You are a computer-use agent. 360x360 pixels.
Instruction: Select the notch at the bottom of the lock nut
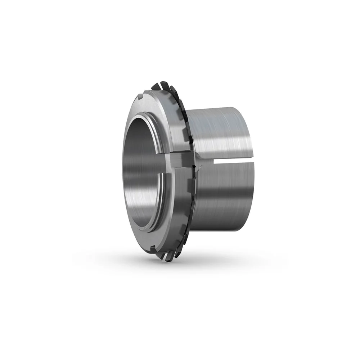(153, 248)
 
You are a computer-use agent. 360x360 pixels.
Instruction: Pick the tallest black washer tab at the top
(165, 85)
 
